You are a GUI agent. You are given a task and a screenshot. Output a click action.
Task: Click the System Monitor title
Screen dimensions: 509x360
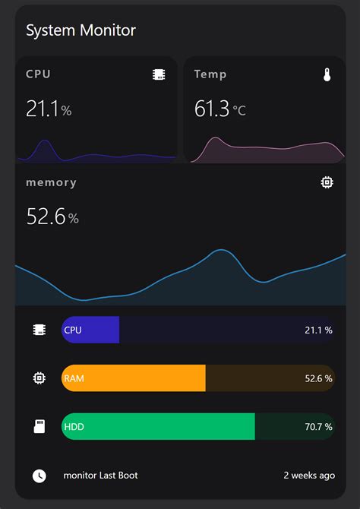coord(81,30)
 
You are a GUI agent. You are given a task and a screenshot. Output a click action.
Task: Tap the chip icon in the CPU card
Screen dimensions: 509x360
coord(159,74)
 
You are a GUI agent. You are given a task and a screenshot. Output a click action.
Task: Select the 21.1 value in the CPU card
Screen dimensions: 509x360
coord(43,109)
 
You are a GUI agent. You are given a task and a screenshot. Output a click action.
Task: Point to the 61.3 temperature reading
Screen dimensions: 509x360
coord(212,109)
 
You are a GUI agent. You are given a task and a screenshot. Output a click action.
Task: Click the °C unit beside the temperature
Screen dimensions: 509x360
coord(239,111)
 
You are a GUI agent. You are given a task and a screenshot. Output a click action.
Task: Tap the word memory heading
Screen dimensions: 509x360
coord(51,182)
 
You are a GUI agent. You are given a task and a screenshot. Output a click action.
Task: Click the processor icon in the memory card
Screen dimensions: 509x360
coord(327,182)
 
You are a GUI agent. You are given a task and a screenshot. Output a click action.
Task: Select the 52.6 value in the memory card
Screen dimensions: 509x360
coord(46,217)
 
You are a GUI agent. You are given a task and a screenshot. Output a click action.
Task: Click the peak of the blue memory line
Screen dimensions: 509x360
coord(221,250)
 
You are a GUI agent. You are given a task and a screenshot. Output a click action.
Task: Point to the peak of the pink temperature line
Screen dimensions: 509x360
coord(216,138)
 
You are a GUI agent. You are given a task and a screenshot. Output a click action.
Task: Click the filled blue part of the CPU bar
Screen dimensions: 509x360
coord(91,330)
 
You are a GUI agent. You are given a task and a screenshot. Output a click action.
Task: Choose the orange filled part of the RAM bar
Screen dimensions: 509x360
coord(134,378)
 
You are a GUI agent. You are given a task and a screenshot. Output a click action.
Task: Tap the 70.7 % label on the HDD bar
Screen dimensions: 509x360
coord(318,427)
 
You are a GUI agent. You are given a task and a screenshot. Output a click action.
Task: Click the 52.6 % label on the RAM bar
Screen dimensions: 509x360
coord(318,378)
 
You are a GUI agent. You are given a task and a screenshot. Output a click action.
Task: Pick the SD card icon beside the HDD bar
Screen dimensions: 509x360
coord(39,427)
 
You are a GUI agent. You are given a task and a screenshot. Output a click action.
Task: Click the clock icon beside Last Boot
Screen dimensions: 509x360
coord(39,476)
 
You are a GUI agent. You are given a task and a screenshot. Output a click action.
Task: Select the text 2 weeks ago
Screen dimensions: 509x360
coord(309,476)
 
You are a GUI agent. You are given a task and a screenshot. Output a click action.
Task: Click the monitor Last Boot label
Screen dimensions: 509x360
coord(100,476)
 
